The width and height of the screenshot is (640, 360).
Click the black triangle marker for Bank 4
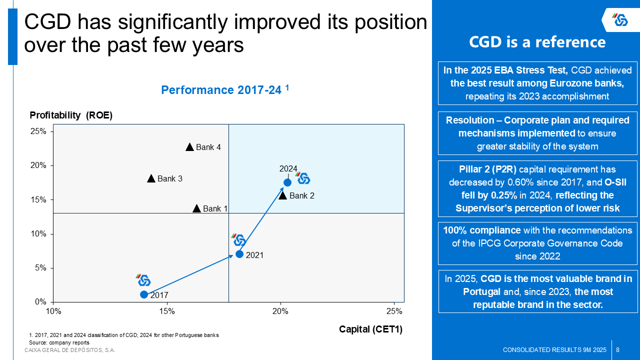189,147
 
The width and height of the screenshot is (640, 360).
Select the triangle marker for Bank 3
151,178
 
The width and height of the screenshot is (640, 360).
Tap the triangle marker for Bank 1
196,208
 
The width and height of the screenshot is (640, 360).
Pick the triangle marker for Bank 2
282,195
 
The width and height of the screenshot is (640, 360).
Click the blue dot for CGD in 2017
144,294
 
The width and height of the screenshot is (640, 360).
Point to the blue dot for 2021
239,254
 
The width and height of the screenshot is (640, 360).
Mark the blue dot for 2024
287,182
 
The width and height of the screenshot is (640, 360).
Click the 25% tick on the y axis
38,131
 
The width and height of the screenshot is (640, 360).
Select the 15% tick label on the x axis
166,311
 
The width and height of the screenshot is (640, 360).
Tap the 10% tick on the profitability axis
38,233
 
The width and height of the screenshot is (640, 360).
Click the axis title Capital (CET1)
370,329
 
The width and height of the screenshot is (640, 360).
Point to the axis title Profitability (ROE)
71,115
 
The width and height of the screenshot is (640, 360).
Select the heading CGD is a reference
537,42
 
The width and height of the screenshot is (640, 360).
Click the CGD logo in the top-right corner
621,20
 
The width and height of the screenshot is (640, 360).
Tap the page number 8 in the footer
618,349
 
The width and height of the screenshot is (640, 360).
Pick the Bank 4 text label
208,147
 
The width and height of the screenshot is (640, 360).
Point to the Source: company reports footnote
59,342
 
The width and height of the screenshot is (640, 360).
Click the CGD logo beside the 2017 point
144,280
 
